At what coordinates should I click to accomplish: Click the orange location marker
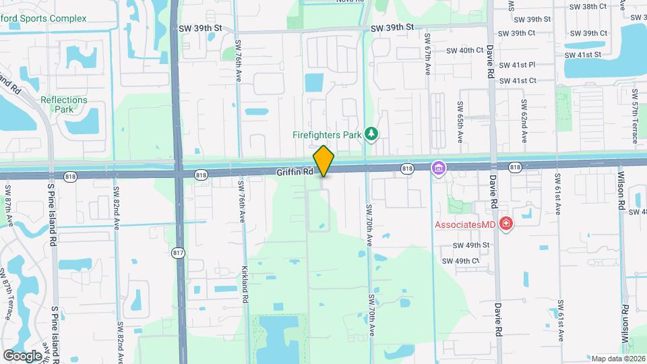click(323, 161)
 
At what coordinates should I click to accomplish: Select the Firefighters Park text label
click(327, 135)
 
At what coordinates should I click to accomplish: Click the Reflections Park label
click(64, 104)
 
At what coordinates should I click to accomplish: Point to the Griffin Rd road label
click(295, 173)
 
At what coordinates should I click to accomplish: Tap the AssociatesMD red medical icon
click(506, 224)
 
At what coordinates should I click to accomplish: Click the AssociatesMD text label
click(466, 224)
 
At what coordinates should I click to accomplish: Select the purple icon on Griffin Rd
click(438, 167)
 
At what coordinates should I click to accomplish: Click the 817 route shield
click(179, 253)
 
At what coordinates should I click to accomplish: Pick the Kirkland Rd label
click(245, 283)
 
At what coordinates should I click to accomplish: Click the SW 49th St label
click(471, 246)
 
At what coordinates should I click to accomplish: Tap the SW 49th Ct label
click(461, 261)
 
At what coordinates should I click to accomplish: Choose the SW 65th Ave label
click(461, 122)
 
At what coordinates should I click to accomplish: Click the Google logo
click(22, 355)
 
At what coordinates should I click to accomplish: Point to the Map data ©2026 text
click(617, 359)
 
